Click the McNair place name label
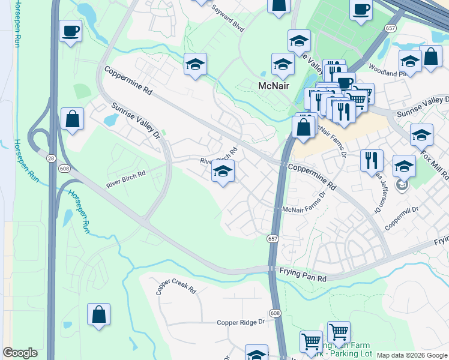(x=274, y=86)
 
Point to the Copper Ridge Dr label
(x=241, y=322)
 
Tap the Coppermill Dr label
(x=402, y=212)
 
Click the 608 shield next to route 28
(x=64, y=169)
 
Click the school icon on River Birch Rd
(x=223, y=172)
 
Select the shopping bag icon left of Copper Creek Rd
(x=98, y=314)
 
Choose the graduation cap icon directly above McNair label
(x=283, y=64)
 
